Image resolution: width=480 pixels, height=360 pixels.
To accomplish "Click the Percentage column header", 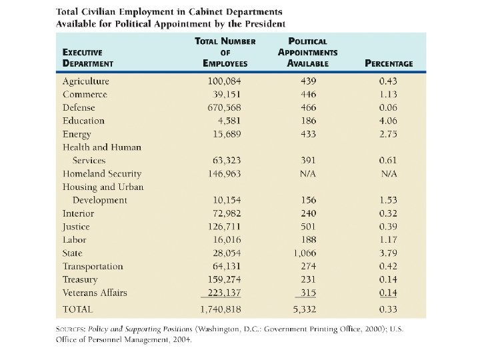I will pos(389,64).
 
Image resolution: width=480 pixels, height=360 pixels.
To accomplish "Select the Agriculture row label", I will pos(85,81).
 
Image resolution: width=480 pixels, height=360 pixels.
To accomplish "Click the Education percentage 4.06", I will pos(388,121).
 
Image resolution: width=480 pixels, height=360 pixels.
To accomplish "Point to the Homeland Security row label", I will pos(102,174).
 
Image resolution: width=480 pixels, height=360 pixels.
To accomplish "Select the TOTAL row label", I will pos(78,310).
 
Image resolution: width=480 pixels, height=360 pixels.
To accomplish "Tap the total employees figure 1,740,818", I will pos(221,310).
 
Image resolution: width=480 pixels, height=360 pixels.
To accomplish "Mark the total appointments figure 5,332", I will pos(305,310).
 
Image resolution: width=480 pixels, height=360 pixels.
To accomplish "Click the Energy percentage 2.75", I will pos(388,134).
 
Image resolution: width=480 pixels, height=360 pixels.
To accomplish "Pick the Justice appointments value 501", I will pos(308,227).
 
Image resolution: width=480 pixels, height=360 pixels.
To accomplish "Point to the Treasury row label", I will pos(80,280).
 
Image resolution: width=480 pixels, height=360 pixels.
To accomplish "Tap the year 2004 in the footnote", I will pos(181,339).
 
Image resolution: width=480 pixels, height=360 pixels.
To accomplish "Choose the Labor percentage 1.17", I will pos(388,240).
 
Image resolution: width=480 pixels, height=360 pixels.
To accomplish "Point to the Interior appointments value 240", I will pos(308,213).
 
